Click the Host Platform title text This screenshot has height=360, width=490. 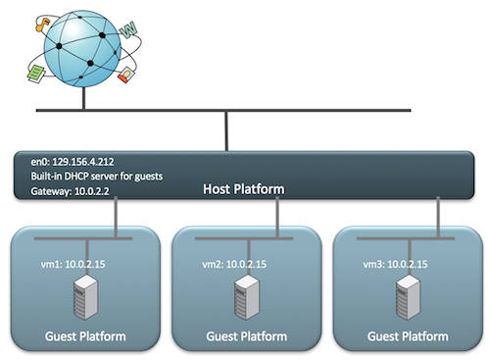(x=244, y=189)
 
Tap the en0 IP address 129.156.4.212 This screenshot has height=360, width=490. (x=83, y=162)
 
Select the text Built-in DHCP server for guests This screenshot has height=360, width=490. (x=97, y=177)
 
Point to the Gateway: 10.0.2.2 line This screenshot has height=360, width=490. (x=70, y=191)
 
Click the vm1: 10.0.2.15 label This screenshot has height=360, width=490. (x=73, y=264)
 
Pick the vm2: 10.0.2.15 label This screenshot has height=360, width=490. (x=234, y=264)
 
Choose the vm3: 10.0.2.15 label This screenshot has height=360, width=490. (x=395, y=264)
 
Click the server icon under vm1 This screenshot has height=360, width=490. (x=85, y=297)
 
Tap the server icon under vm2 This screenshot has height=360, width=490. (x=247, y=297)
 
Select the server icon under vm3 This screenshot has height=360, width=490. (x=408, y=297)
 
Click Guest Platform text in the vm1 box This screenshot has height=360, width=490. (x=85, y=336)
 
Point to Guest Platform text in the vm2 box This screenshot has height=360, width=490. (x=247, y=336)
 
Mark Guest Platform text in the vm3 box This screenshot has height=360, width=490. (x=408, y=336)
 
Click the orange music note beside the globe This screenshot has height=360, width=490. (x=42, y=26)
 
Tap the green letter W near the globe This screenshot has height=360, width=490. (x=128, y=29)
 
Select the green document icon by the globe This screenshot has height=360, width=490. (x=36, y=74)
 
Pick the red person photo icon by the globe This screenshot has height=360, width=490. (x=126, y=75)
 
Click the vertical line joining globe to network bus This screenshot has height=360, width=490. (x=84, y=98)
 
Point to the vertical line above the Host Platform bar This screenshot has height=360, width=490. (x=226, y=131)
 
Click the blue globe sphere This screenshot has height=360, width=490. (x=82, y=49)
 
